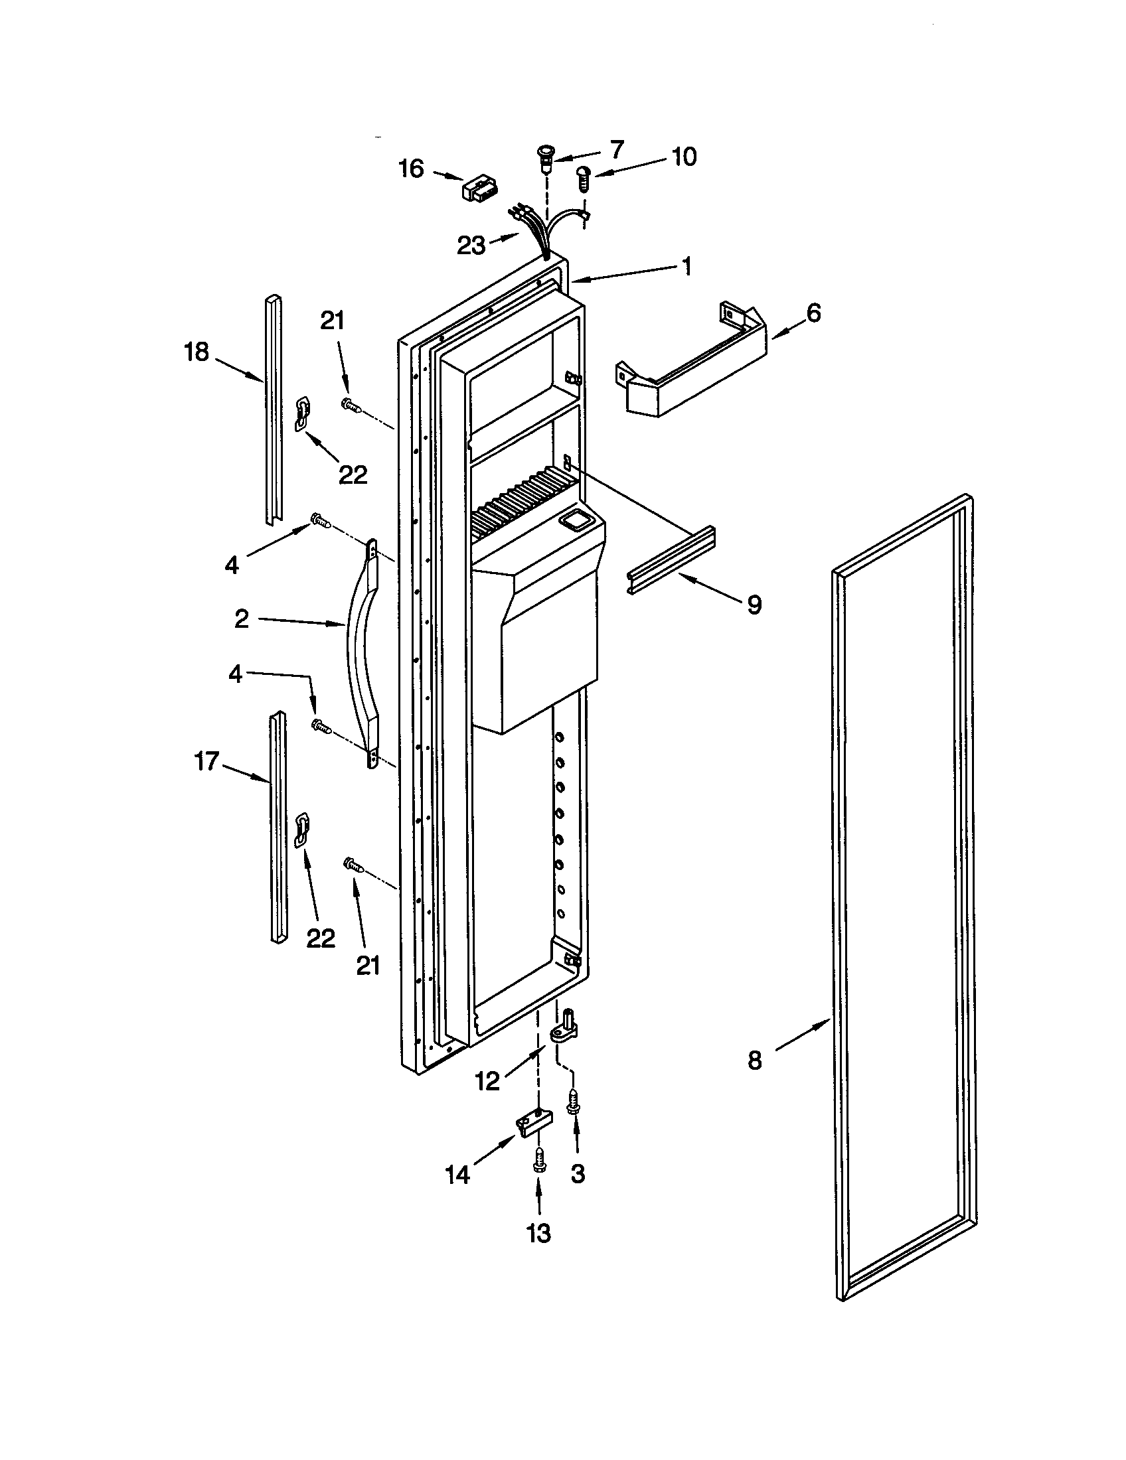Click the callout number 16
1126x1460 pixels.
[x=411, y=169]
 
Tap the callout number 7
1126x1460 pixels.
[x=617, y=149]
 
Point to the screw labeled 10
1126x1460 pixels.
[x=584, y=178]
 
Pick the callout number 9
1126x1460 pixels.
[x=754, y=605]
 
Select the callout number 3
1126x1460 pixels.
[x=578, y=1174]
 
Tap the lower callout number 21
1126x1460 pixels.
[x=368, y=965]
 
